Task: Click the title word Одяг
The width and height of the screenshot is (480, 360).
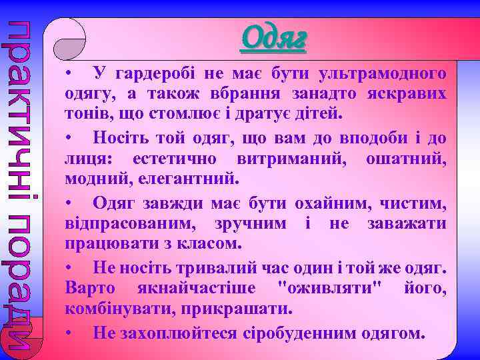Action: (x=275, y=38)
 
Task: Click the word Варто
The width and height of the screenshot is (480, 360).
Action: (x=90, y=289)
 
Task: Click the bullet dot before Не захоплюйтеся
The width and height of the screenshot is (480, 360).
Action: (x=69, y=332)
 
